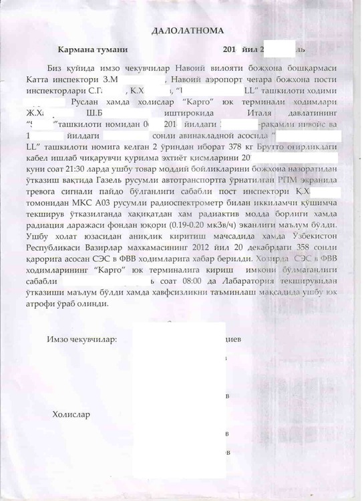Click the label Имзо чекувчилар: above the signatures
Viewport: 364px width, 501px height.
82,339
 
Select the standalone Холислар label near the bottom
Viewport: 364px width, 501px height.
71,415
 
